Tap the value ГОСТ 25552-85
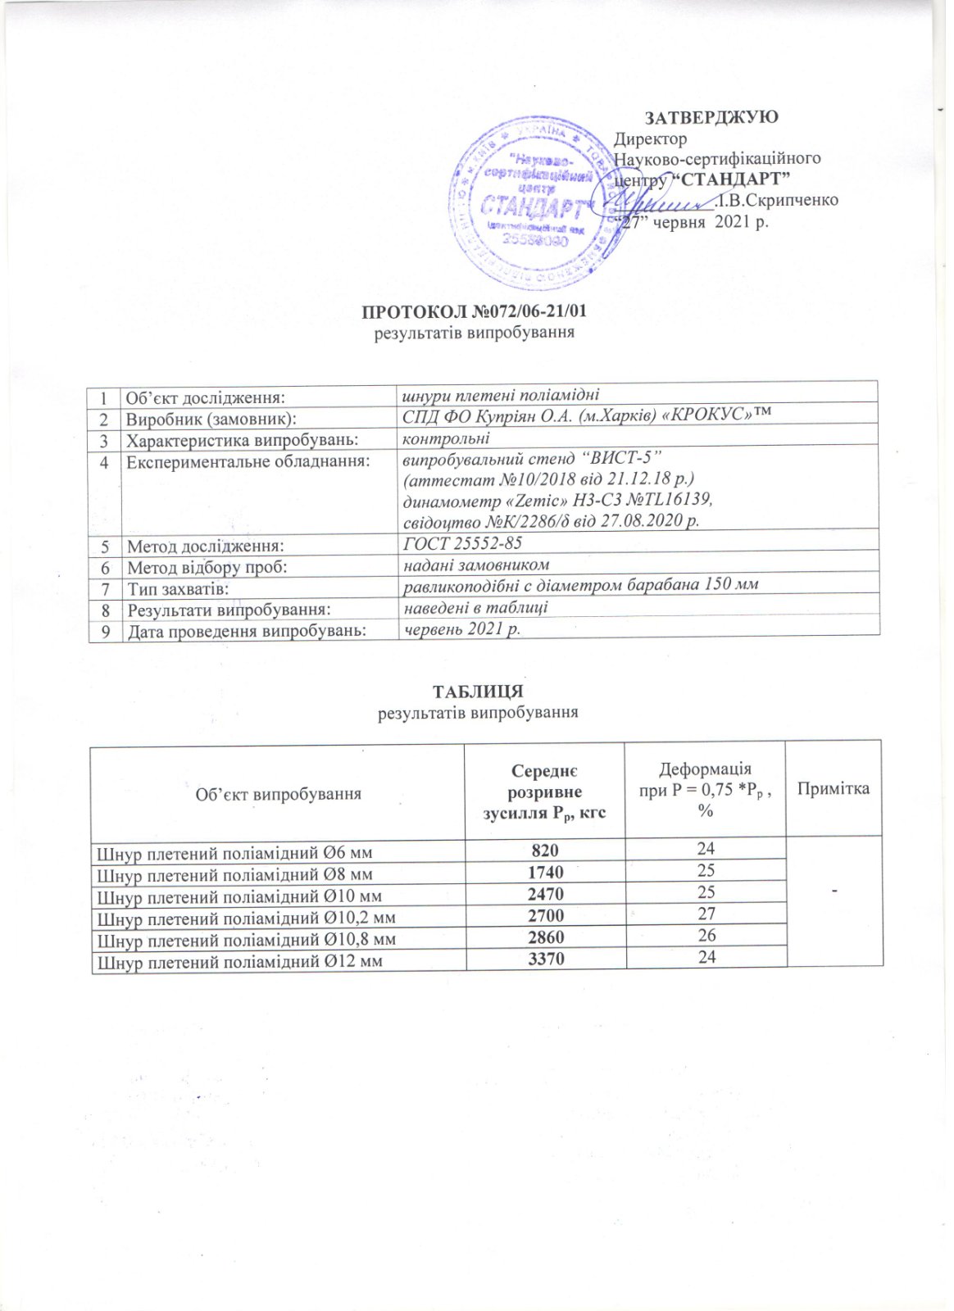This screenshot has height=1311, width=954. coord(463,543)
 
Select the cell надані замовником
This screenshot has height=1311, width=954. coord(475,565)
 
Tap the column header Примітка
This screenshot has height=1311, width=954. coord(833,788)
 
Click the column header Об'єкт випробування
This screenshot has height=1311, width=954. coord(278,793)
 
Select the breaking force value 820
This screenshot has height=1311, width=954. coord(544,849)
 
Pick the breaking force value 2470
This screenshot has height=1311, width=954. coord(544,893)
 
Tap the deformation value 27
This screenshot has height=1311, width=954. coord(706,914)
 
